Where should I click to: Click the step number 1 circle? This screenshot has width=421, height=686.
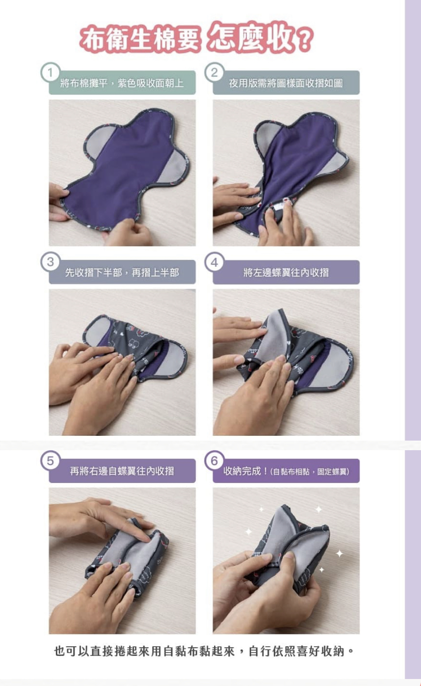50,73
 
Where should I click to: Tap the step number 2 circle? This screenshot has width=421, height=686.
214,73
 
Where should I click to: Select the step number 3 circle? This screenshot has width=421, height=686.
50,262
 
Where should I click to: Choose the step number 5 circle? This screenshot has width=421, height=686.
50,461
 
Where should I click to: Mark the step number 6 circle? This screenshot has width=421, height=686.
214,461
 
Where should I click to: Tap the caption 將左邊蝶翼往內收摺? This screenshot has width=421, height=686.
286,272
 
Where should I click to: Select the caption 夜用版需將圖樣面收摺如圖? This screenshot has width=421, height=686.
286,83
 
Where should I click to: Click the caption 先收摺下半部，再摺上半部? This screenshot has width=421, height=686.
122,272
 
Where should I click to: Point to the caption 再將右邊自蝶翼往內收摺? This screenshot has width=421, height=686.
122,471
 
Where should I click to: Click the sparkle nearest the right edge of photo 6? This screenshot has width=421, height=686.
339,553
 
